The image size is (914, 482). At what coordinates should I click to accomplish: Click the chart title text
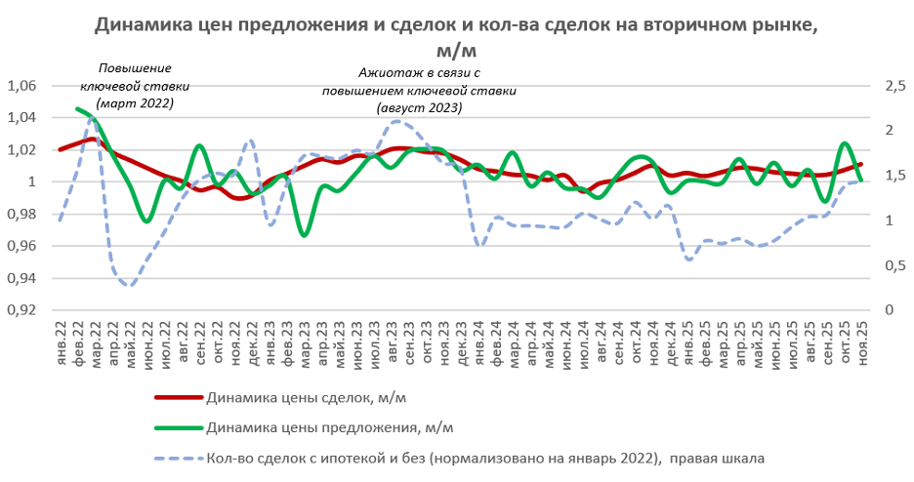[x=455, y=37]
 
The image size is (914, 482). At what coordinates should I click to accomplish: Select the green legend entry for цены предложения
[x=330, y=427]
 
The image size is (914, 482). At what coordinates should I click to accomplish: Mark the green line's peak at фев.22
[x=78, y=108]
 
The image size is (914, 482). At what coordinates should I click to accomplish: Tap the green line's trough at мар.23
[x=306, y=235]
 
